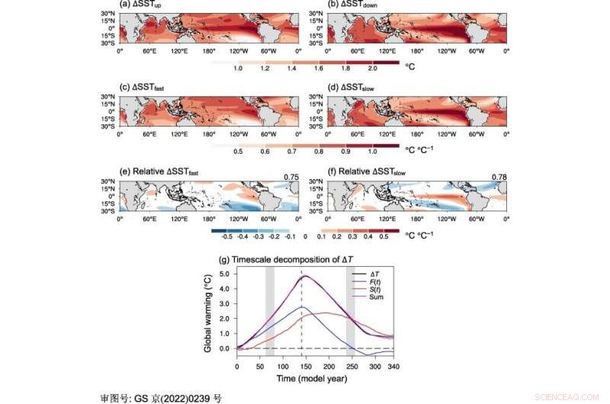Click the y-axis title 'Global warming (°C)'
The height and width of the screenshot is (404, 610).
[207, 313]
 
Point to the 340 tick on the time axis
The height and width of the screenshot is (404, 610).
[393, 366]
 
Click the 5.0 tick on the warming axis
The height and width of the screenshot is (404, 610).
[226, 272]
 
